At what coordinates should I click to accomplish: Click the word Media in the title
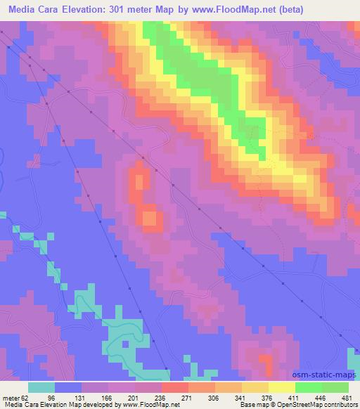click(x=25, y=10)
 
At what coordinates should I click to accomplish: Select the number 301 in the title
click(x=144, y=10)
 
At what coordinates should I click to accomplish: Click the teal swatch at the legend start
click(x=41, y=387)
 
